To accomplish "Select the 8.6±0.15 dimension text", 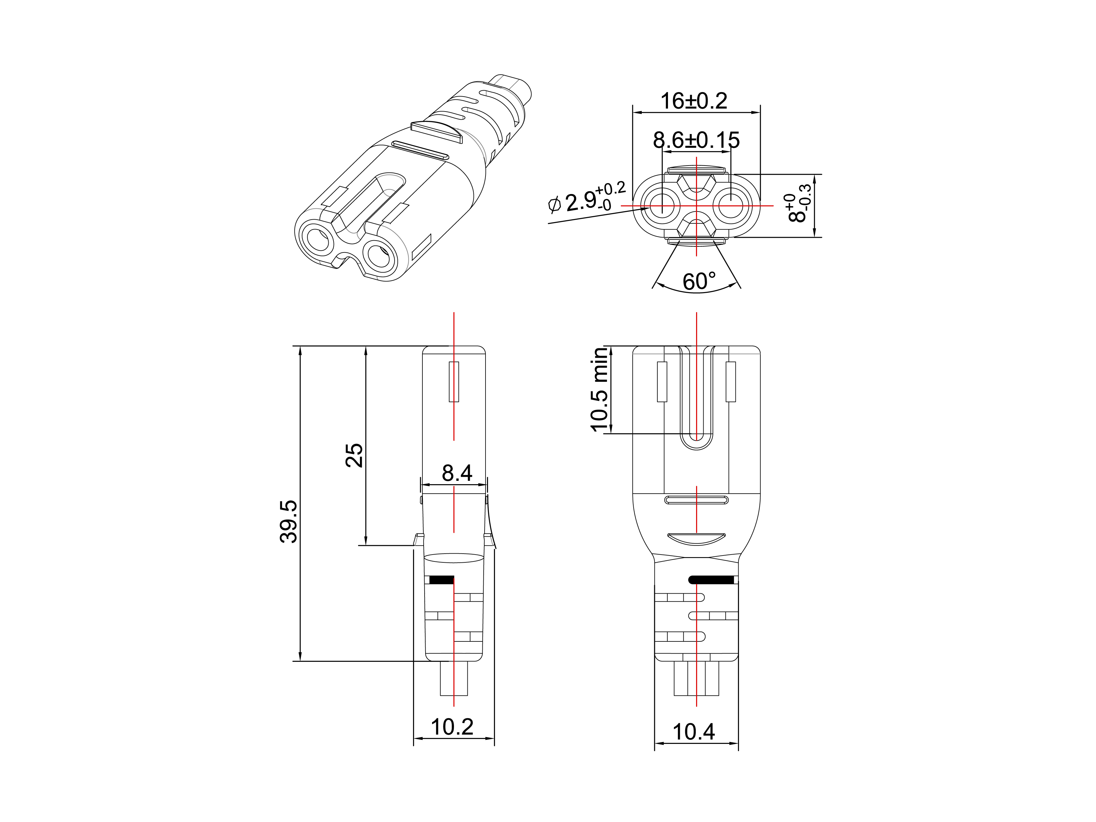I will [696, 140].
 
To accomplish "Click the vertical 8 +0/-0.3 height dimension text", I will [799, 204].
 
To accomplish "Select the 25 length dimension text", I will [354, 455].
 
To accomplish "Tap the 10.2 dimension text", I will [452, 727].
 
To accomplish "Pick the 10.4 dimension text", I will [694, 732].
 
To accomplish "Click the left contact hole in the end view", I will [661, 205].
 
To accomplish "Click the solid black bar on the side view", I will [441, 580].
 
